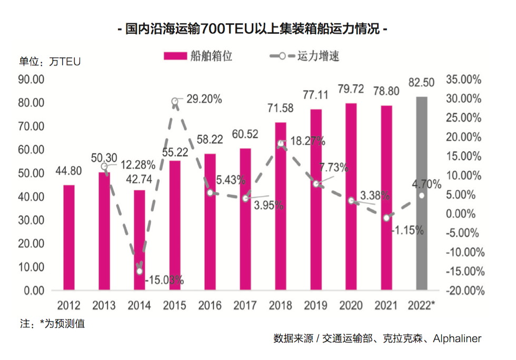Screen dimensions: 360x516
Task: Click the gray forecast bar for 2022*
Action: coord(422,193)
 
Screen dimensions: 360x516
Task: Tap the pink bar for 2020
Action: coord(351,196)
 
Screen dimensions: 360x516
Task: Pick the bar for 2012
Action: coord(69,237)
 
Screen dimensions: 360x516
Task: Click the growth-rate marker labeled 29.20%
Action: coord(175,102)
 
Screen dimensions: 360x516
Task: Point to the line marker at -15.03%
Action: coord(140,271)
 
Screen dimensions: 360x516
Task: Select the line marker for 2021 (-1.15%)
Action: coord(386,218)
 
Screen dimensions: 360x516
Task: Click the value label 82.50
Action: coord(422,82)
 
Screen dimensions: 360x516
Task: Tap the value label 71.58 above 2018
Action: coord(281,108)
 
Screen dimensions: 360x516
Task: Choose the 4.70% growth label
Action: coord(427,184)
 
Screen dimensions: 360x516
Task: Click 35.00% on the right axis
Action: coord(464,79)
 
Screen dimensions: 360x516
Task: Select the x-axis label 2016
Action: coord(210,306)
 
